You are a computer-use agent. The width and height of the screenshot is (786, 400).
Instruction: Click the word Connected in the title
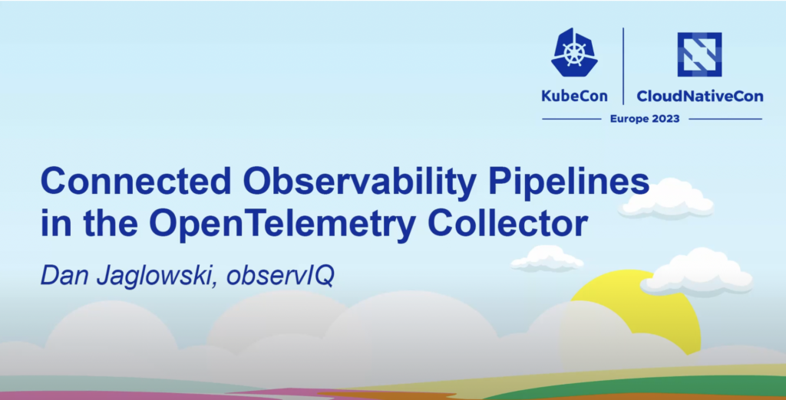[x=135, y=182]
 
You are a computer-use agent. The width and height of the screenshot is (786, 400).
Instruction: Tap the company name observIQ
[x=279, y=277]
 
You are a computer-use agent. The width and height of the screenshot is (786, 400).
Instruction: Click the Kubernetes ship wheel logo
[x=574, y=52]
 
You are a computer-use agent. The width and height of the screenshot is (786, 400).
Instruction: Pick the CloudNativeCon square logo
[x=699, y=54]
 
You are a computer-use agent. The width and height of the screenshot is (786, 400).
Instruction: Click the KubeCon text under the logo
[x=574, y=96]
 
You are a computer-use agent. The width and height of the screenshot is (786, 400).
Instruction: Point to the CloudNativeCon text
[x=700, y=96]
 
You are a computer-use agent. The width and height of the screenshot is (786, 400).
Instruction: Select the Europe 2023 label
[x=645, y=119]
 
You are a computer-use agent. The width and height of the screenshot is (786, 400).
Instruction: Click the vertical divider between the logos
[x=623, y=66]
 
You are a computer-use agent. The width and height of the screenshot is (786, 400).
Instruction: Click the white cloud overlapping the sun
[x=697, y=272]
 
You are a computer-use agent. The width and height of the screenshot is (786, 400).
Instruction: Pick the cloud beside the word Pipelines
[x=667, y=198]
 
